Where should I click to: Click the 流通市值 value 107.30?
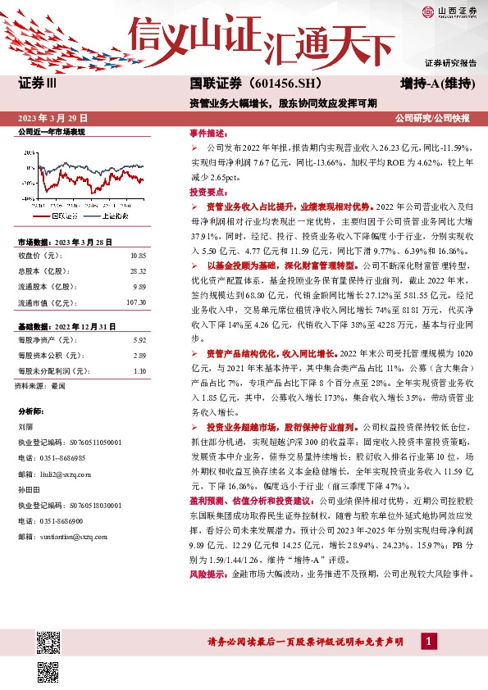pos(135,303)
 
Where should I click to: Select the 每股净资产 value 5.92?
pos(138,339)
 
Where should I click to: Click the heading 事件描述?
pos(206,133)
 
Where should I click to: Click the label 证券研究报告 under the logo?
pos(450,63)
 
